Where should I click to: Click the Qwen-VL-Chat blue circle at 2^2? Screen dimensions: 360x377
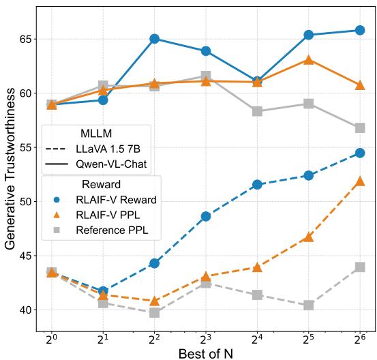click(155, 39)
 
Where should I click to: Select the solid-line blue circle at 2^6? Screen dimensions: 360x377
click(360, 30)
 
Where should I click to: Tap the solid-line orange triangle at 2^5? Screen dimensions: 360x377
click(309, 60)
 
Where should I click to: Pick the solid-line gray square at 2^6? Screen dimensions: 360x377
click(360, 128)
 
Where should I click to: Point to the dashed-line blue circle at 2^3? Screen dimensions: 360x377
click(206, 216)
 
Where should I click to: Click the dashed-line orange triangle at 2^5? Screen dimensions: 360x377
click(309, 237)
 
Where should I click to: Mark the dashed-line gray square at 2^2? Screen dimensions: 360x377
click(155, 312)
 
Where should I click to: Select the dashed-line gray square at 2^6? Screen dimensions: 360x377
click(360, 267)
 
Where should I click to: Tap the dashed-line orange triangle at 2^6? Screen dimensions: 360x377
click(360, 181)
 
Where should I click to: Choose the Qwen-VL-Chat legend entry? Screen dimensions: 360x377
click(108, 164)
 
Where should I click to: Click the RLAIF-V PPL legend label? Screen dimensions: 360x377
click(112, 215)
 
